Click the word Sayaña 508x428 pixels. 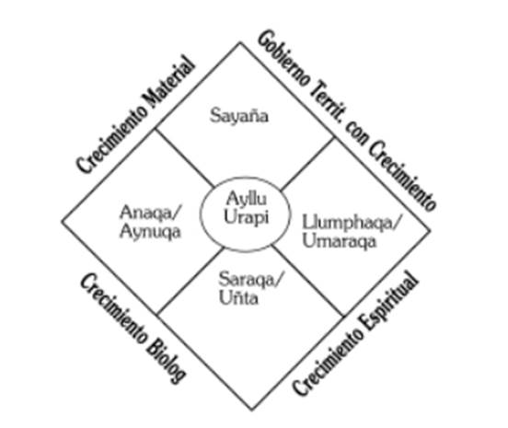click(239, 116)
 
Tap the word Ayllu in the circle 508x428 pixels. click(247, 199)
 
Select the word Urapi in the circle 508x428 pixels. click(247, 217)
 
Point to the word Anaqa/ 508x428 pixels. click(151, 213)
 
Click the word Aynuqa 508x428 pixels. click(150, 232)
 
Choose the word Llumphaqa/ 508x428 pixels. click(352, 223)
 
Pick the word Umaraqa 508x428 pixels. click(340, 241)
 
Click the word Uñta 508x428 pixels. click(238, 297)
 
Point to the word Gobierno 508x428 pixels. click(283, 59)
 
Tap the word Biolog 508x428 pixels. click(166, 361)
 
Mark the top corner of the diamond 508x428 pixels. click(240, 42)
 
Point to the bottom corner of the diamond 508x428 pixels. click(252, 411)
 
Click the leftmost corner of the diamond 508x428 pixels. click(62, 222)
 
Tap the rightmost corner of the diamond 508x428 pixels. click(431, 230)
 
